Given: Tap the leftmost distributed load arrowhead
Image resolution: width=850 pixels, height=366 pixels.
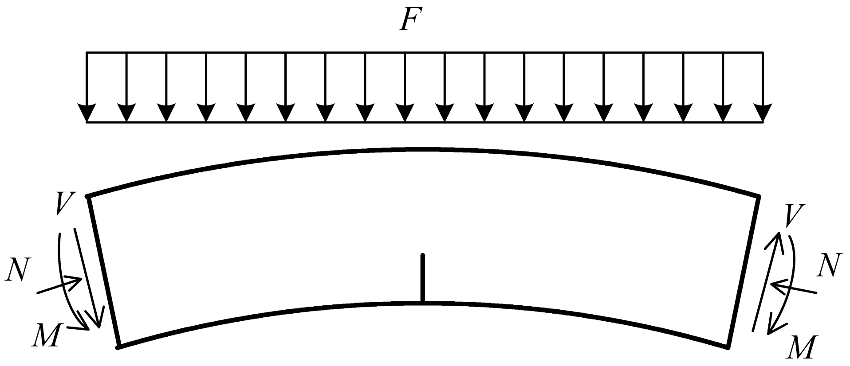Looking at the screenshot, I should (x=87, y=113).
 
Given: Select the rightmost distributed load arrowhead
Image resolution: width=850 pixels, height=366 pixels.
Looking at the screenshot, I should (x=763, y=113).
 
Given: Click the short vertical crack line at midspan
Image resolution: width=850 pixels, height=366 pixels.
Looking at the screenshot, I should (x=423, y=278).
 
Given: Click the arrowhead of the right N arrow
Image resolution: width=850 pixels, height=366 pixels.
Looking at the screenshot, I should (x=776, y=285).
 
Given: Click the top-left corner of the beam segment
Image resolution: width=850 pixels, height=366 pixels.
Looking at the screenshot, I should (x=88, y=196).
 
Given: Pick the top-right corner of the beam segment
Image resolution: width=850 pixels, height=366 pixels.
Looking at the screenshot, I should (x=759, y=196).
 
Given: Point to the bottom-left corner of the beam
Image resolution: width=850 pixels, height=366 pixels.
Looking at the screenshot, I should (x=118, y=347).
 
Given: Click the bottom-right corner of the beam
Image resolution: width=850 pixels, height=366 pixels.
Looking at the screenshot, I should (x=728, y=347).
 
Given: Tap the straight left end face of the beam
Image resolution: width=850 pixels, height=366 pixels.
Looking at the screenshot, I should (x=103, y=271).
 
